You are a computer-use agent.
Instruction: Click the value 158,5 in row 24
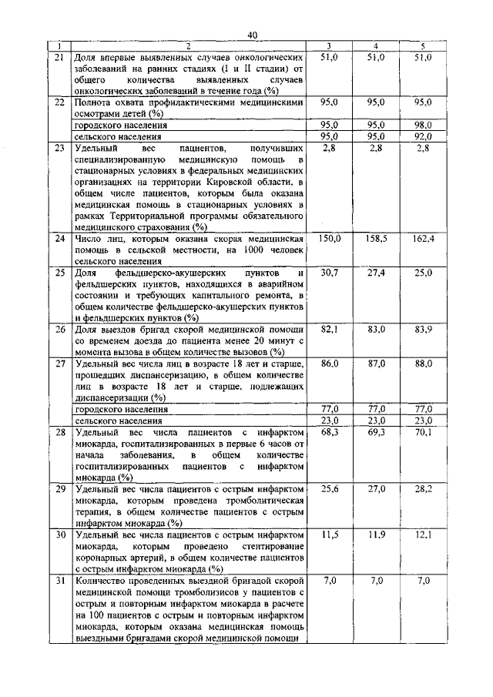[375, 240]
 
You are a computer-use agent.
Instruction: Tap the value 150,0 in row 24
[329, 240]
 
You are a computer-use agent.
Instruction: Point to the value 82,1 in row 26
[329, 329]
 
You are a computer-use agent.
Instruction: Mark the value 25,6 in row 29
[329, 488]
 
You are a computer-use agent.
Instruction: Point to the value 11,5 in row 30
[329, 534]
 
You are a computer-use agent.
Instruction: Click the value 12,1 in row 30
[422, 534]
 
